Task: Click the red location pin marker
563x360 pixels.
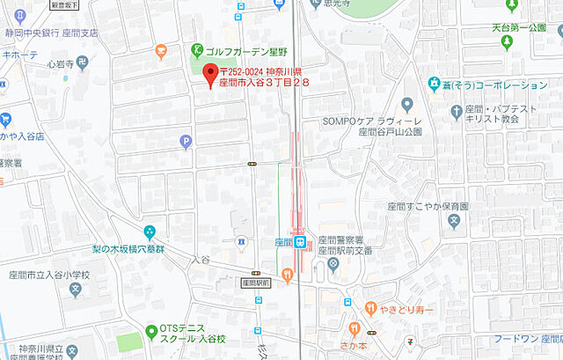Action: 210,75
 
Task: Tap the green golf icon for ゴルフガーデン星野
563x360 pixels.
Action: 198,50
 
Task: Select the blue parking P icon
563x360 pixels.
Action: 185,140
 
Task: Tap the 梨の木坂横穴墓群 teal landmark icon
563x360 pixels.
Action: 150,232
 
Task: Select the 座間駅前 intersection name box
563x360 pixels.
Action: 254,283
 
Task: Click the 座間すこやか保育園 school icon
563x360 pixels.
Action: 454,224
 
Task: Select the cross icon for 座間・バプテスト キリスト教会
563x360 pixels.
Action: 456,111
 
